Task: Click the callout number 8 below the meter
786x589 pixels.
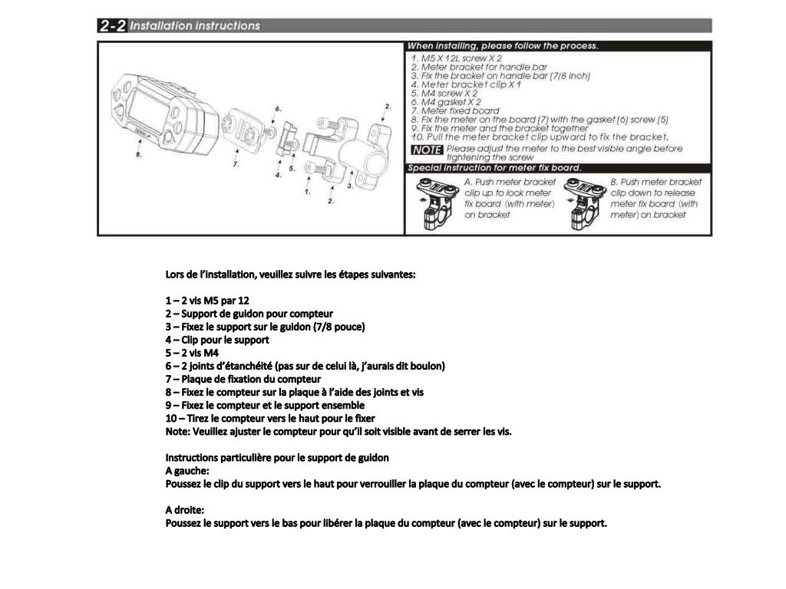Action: click(x=138, y=154)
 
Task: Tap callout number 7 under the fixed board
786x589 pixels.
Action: click(x=236, y=164)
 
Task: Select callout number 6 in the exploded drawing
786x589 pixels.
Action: click(x=278, y=109)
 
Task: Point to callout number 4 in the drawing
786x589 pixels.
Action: click(x=278, y=176)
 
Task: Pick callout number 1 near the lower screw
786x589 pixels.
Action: click(x=307, y=192)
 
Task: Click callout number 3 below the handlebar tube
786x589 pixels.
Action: click(x=351, y=186)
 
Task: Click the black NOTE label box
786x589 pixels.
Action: click(x=426, y=150)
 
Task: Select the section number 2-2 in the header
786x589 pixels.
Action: click(x=112, y=25)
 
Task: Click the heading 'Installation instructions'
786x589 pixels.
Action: click(x=195, y=25)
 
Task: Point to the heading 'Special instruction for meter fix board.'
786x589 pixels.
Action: click(x=494, y=168)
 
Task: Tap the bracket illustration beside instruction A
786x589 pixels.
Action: click(x=434, y=204)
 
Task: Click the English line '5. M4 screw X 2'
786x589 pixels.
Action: click(x=444, y=94)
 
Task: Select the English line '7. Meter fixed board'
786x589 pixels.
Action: click(x=455, y=110)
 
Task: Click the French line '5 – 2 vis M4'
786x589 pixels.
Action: click(x=192, y=353)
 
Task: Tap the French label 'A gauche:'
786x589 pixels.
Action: click(x=187, y=470)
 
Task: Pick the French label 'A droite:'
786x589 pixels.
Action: click(x=185, y=510)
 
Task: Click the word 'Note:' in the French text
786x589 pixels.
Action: click(x=178, y=431)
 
